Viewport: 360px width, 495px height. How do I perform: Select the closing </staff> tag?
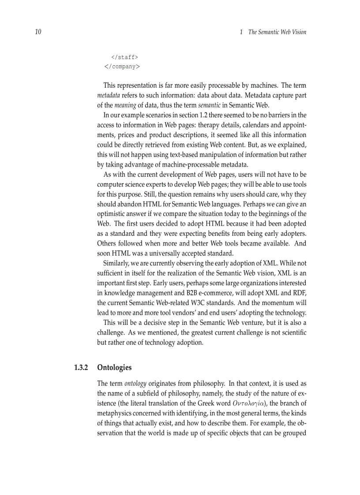click(125, 57)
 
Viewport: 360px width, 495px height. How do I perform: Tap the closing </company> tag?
click(122, 67)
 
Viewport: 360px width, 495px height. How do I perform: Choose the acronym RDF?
click(299, 292)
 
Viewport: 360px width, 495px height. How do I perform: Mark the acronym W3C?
click(185, 302)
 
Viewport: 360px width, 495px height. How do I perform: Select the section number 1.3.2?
click(81, 367)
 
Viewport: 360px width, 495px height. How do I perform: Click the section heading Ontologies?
click(114, 367)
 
